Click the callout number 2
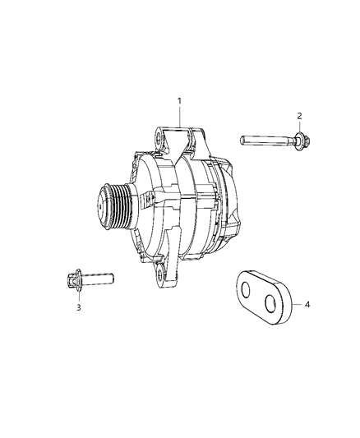coord(299,116)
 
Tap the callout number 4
coord(307,305)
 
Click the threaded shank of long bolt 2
coord(263,140)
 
